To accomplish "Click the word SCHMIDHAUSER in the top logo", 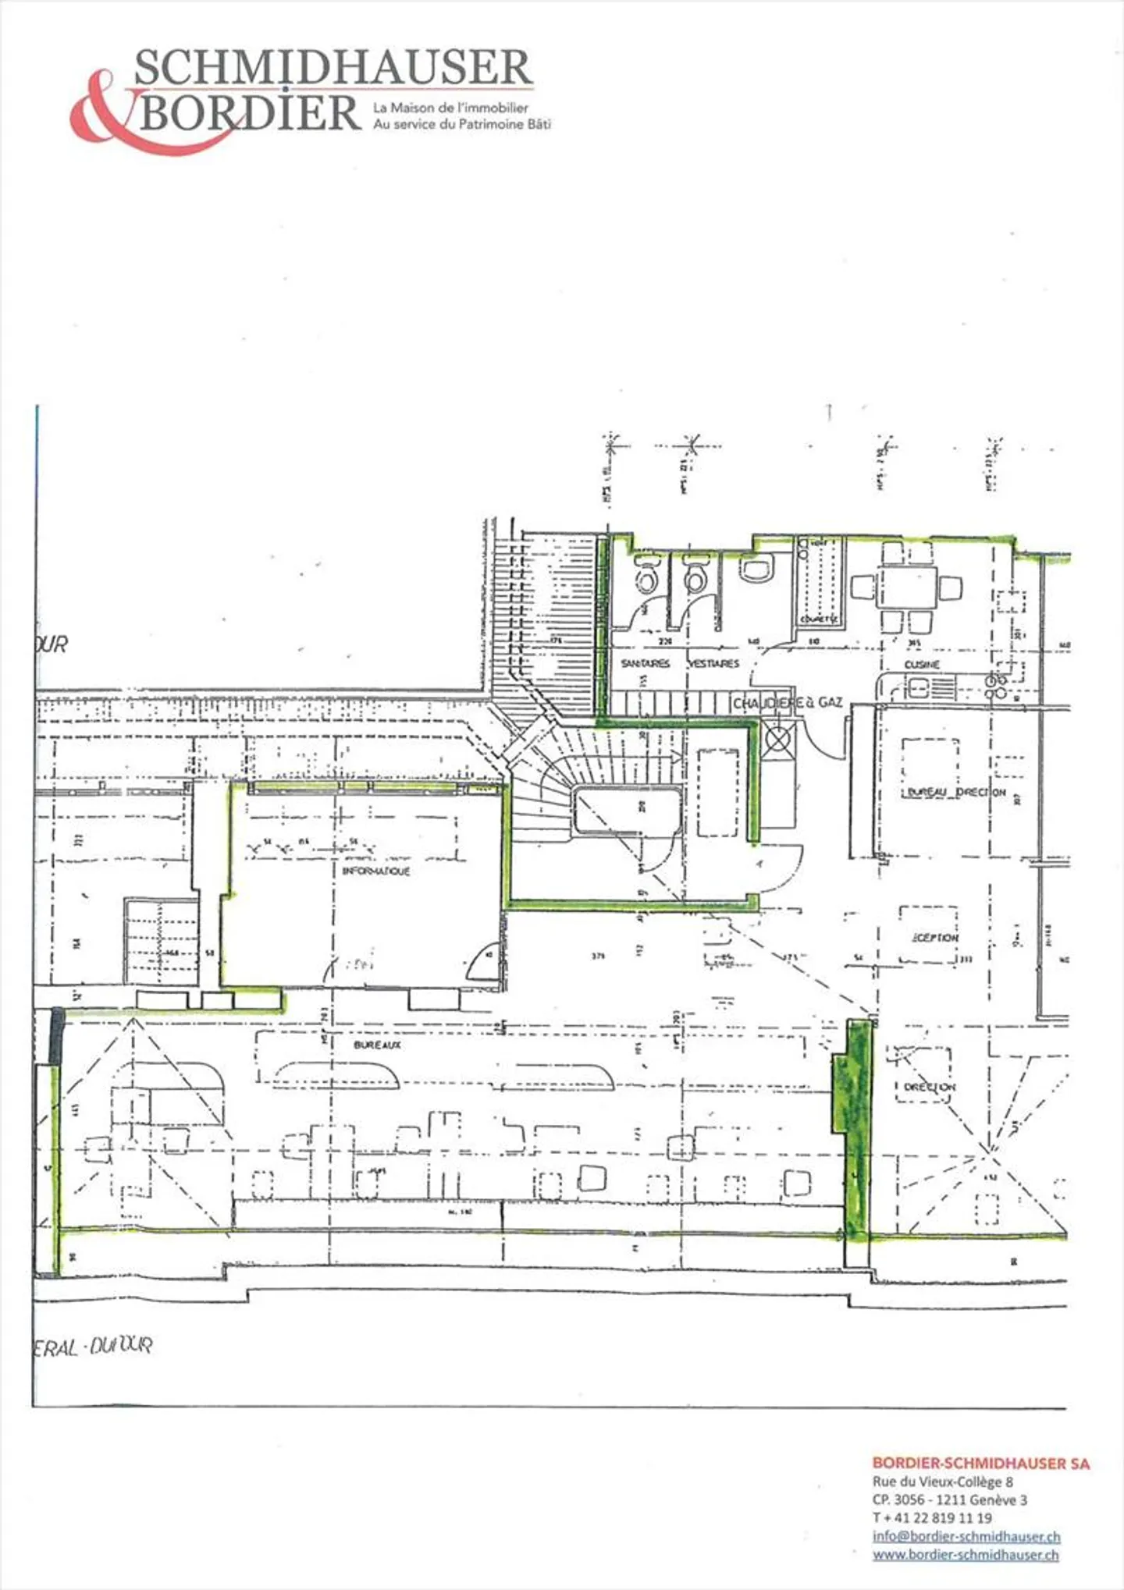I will click(333, 69).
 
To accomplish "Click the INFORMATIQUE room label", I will click(376, 871).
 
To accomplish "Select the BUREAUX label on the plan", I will click(377, 1045).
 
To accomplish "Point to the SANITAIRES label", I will click(646, 664).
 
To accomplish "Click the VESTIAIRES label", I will click(713, 664).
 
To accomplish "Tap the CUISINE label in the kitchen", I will click(922, 665).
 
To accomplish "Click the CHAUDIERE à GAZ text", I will click(788, 703).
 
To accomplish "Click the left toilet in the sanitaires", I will click(647, 578).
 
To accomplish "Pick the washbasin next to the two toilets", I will click(756, 569).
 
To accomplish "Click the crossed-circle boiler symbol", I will click(778, 737).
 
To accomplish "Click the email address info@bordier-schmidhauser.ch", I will click(966, 1536).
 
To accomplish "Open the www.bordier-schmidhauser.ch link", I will click(966, 1554).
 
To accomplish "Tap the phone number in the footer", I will click(933, 1517).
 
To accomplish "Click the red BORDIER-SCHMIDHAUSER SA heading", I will click(980, 1464).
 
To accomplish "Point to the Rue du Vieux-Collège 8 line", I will click(942, 1482).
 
